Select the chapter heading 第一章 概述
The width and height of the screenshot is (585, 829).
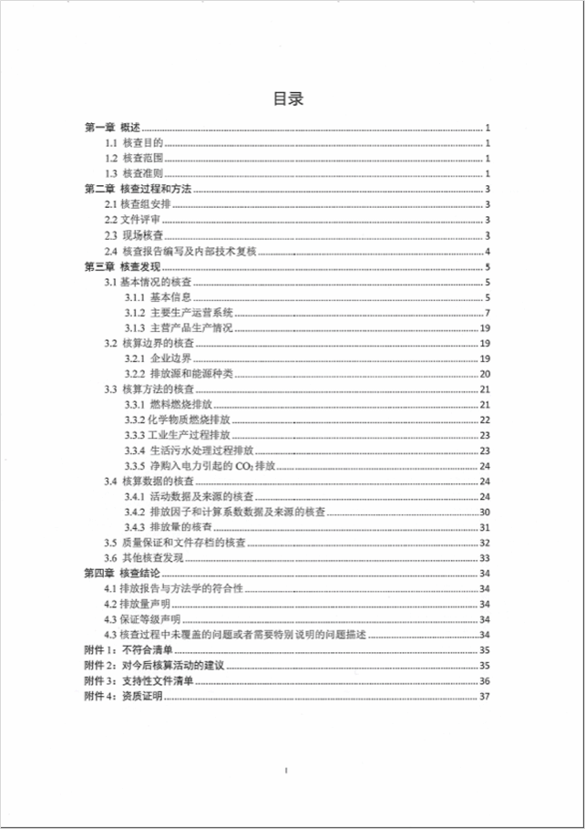point(111,128)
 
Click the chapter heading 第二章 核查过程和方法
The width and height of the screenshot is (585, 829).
point(137,190)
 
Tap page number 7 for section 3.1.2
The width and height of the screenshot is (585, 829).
point(488,314)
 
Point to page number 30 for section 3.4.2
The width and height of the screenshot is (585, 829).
point(486,513)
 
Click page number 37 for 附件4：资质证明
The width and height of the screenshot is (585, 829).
point(486,697)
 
